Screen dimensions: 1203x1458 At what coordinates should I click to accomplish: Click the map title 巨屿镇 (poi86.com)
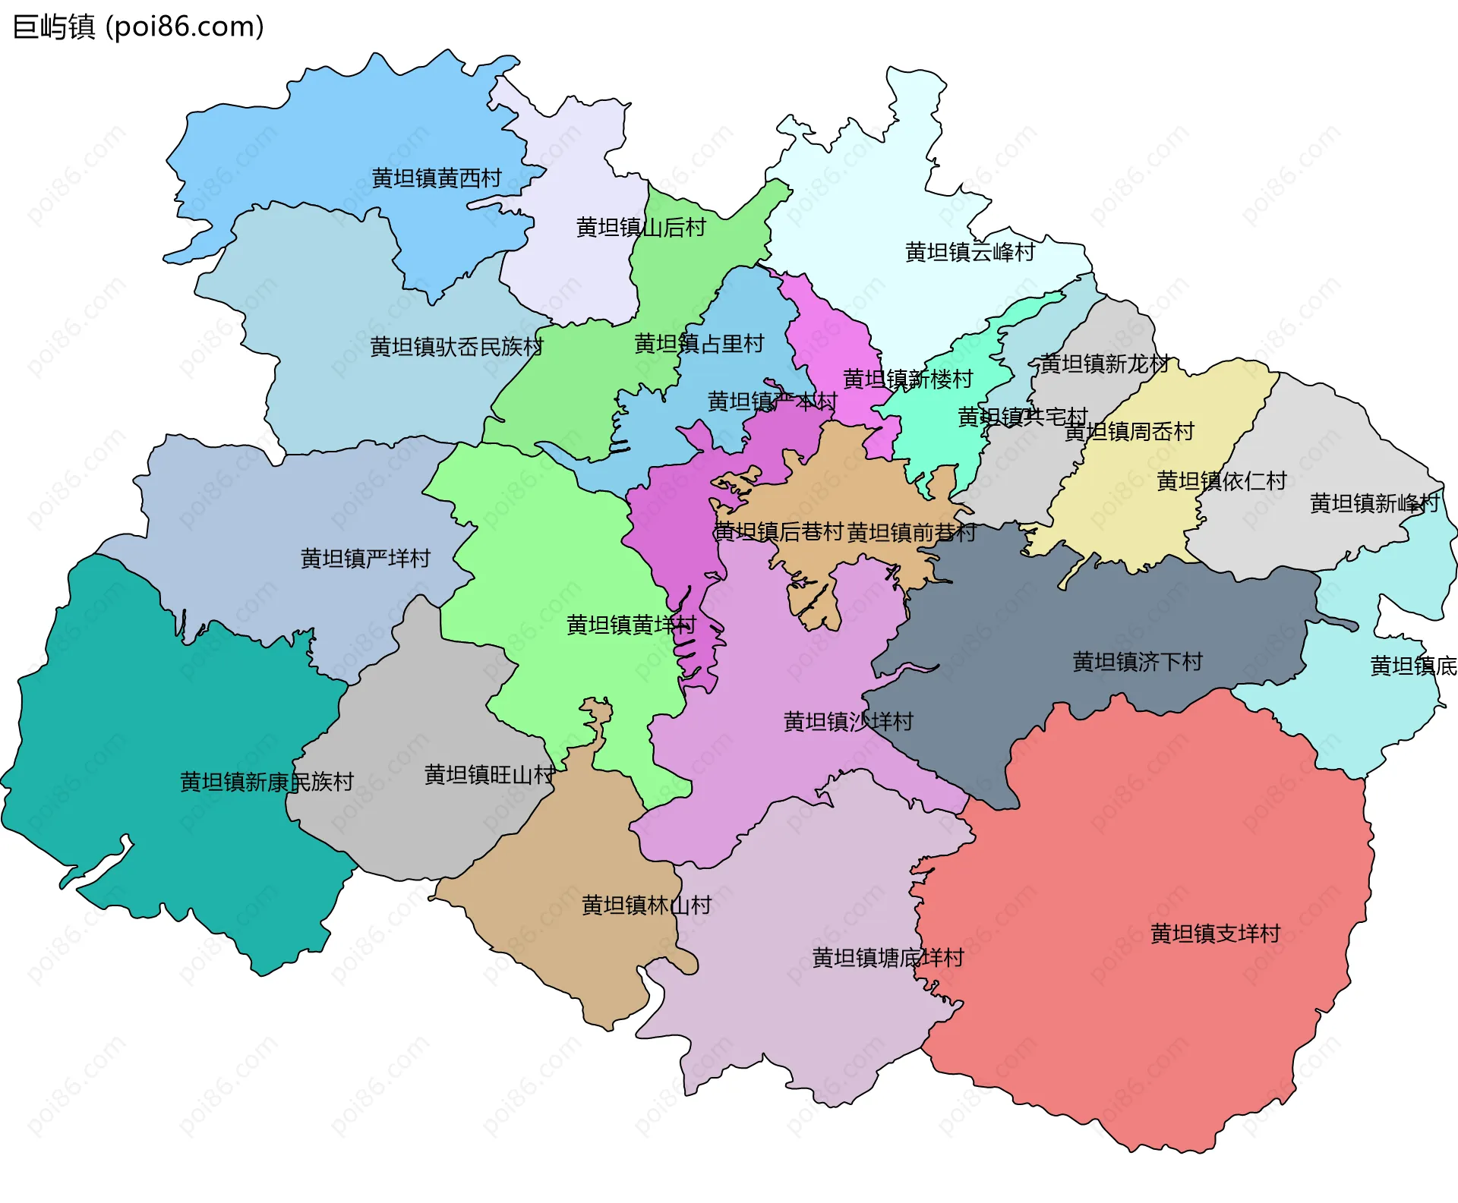[x=138, y=27]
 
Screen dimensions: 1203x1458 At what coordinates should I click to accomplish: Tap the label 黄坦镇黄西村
[x=437, y=178]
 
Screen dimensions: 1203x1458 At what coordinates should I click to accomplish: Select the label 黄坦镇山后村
[x=641, y=227]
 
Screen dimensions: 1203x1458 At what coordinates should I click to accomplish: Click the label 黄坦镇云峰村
[x=970, y=252]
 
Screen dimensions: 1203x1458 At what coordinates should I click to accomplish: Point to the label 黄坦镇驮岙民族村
[x=456, y=347]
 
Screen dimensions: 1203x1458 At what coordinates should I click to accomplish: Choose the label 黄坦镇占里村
[x=699, y=344]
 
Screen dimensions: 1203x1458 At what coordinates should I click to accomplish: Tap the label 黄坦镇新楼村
[x=907, y=379]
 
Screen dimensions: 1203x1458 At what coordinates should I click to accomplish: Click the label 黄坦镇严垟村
[x=365, y=559]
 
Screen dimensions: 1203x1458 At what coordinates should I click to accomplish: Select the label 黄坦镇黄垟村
[x=631, y=625]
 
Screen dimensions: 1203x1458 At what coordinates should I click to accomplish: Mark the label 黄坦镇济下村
[x=1137, y=662]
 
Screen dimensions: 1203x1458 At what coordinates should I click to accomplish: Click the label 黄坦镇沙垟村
[x=848, y=721]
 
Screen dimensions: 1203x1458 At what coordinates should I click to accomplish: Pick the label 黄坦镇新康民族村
[x=267, y=782]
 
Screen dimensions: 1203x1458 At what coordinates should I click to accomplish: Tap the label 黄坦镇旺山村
[x=489, y=775]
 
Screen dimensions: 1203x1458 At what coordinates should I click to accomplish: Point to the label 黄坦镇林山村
[x=646, y=905]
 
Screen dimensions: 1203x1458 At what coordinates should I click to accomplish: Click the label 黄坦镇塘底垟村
[x=888, y=958]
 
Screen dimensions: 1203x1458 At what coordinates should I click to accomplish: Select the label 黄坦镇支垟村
[x=1215, y=934]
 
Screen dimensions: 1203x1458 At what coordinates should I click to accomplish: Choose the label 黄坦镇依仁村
[x=1221, y=481]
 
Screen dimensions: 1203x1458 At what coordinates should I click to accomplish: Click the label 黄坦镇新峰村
[x=1374, y=503]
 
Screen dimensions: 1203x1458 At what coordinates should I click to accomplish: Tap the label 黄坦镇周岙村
[x=1129, y=432]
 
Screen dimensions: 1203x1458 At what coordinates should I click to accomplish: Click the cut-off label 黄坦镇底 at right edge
[x=1412, y=666]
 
